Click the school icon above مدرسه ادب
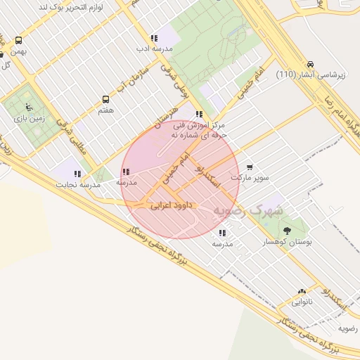154,39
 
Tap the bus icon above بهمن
18,41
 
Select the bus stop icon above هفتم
106,100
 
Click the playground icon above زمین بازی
28,107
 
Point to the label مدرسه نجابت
79,184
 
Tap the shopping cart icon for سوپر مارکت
250,167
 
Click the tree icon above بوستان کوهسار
286,231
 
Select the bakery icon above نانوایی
302,292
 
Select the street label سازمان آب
133,76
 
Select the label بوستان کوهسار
288,241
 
